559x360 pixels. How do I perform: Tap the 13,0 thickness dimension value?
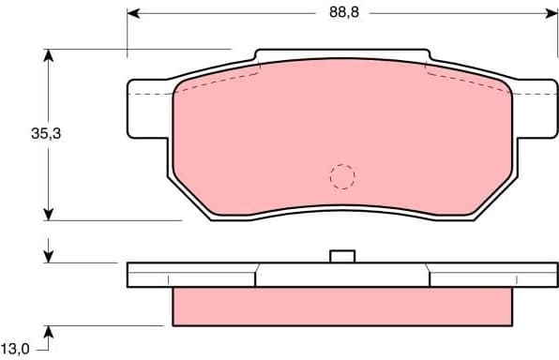tap(16, 349)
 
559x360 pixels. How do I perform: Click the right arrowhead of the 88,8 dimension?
tap(551, 13)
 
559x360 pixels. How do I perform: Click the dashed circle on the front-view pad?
tap(342, 175)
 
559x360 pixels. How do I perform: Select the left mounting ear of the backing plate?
tap(148, 104)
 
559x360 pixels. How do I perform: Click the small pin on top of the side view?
tap(342, 256)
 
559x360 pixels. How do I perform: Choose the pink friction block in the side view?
tap(342, 305)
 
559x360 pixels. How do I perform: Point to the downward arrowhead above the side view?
tap(49, 256)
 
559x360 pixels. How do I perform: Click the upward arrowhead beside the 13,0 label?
tap(49, 330)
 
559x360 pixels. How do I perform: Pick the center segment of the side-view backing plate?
tap(342, 275)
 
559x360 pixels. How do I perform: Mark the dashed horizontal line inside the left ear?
tap(150, 94)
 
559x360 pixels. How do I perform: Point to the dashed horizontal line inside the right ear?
tap(533, 94)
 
